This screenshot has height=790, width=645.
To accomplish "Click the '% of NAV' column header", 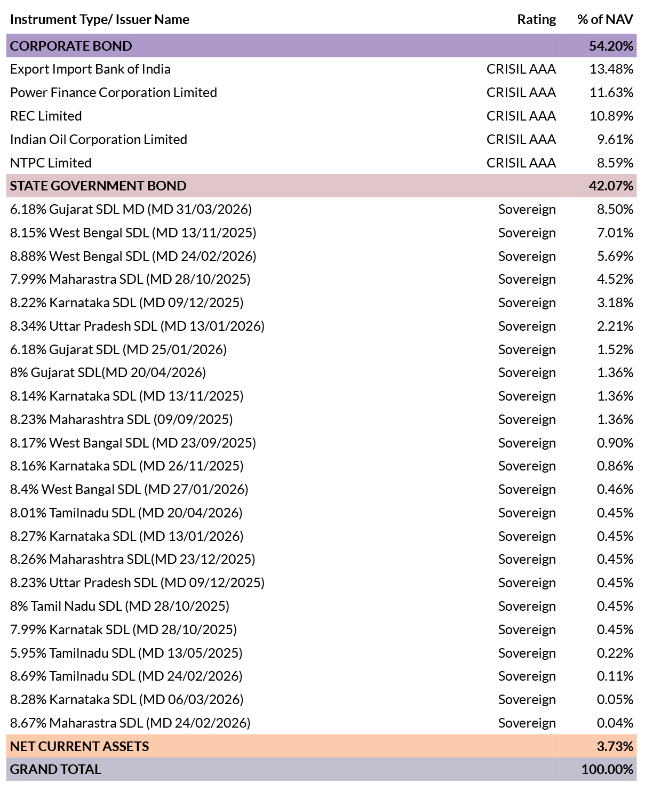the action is (605, 19).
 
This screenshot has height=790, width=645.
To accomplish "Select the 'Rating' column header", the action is (536, 20).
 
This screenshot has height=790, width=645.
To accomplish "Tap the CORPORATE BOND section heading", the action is (71, 46).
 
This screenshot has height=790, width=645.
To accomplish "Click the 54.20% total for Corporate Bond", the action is (611, 46).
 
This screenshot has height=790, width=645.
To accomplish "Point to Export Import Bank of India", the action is (90, 69).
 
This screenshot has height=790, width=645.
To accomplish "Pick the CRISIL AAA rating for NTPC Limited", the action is (521, 163).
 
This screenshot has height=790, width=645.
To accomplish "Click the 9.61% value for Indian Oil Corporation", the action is (615, 139).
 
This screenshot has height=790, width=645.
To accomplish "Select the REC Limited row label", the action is (46, 116).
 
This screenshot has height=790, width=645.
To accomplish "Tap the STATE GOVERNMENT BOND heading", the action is (98, 186).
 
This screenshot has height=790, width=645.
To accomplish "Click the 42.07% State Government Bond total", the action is (611, 186).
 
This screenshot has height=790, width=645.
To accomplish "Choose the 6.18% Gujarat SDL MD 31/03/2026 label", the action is (131, 209).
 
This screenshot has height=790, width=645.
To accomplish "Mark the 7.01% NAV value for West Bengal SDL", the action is (615, 233).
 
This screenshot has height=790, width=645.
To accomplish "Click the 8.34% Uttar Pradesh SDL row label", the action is (137, 326).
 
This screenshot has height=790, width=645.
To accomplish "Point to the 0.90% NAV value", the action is (615, 443).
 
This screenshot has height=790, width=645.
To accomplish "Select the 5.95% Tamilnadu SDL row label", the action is (126, 653).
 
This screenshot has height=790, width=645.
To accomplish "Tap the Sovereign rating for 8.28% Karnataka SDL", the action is (527, 700).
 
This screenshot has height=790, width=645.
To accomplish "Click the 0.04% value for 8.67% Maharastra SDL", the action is (615, 723).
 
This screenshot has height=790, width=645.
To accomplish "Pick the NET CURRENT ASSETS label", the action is (79, 746).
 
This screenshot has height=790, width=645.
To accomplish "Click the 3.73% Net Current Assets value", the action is (615, 746).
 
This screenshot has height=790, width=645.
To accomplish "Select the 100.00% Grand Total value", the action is (607, 769).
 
